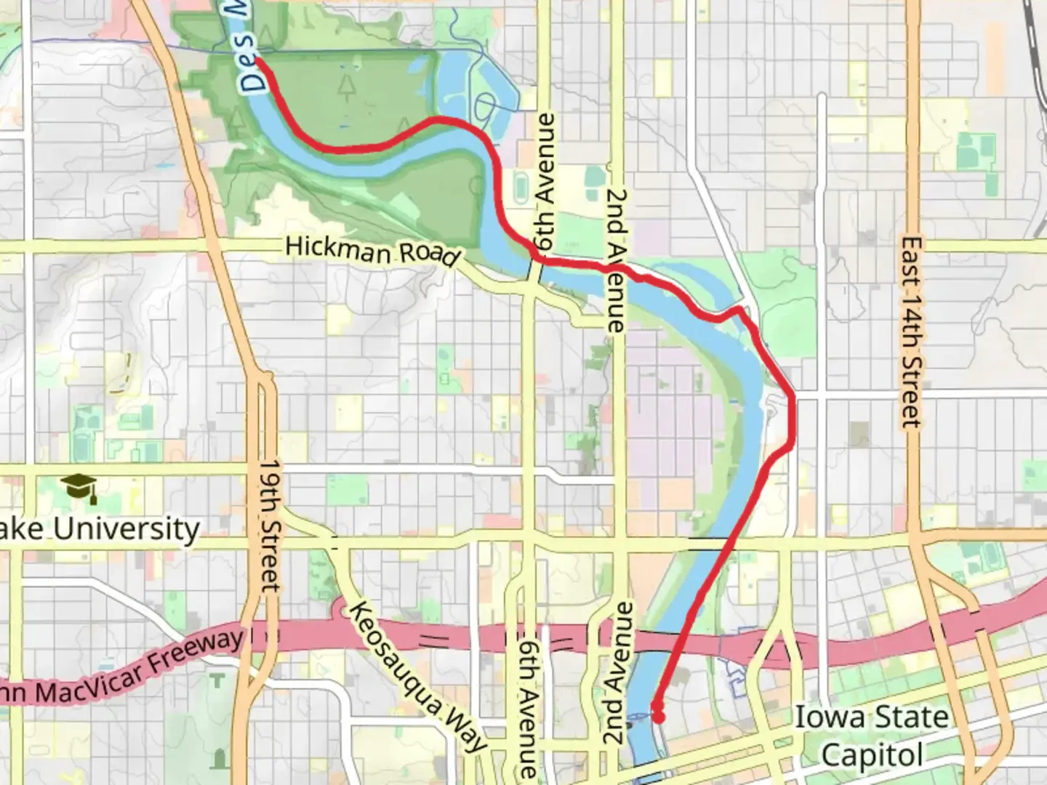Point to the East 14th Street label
pyautogui.click(x=911, y=331)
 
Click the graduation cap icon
pyautogui.click(x=79, y=487)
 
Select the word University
pyautogui.click(x=127, y=528)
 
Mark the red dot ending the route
pyautogui.click(x=658, y=717)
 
